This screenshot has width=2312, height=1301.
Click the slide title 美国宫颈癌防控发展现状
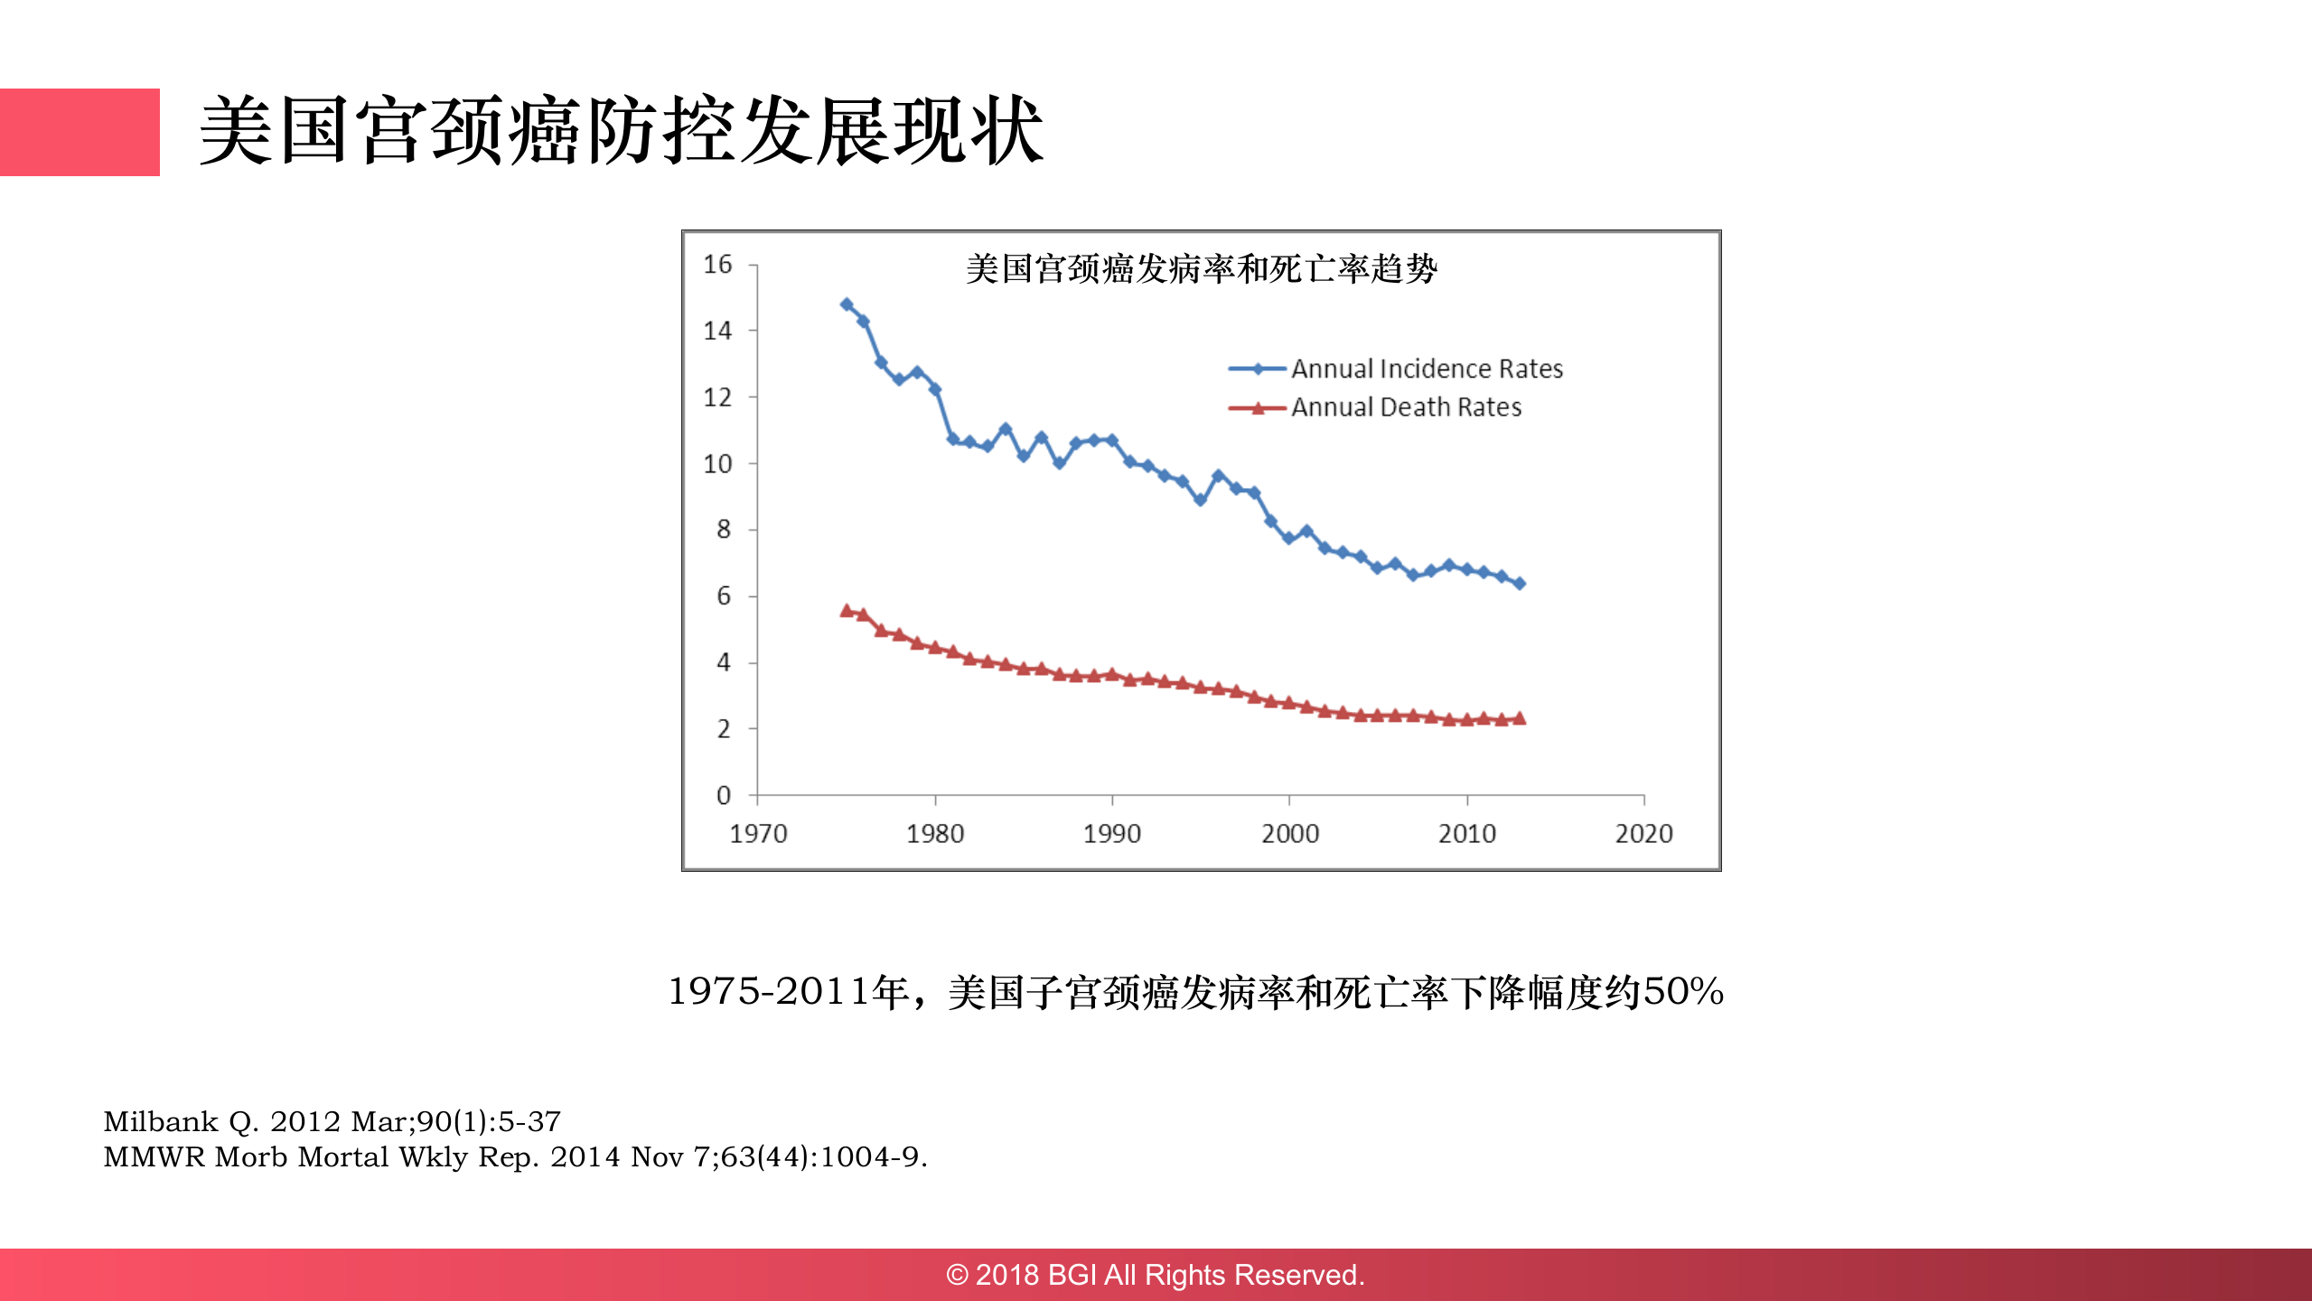621,132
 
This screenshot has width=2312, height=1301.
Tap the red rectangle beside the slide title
80,132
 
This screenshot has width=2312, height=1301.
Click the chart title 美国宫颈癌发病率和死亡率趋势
1201,269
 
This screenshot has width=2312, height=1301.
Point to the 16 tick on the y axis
717,265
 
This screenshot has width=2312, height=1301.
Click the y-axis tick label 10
717,463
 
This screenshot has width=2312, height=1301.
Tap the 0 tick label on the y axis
723,796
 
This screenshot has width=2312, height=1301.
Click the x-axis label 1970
758,834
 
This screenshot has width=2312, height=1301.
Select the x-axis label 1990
1112,834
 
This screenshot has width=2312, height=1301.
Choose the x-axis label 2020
1643,834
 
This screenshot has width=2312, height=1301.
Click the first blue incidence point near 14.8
847,304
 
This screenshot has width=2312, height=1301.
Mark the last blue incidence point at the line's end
1520,584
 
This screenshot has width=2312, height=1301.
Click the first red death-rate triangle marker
847,612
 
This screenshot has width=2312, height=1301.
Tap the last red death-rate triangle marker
1520,719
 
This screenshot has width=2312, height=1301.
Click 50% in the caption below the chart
1683,992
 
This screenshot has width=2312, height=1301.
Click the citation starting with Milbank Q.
332,1122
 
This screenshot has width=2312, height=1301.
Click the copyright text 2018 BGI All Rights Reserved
1156,1275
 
